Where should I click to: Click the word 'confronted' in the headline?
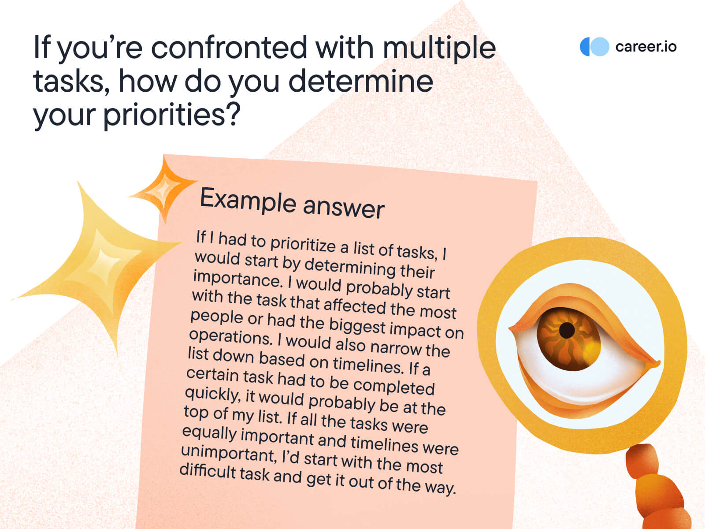(x=229, y=48)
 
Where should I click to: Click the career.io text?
(x=646, y=47)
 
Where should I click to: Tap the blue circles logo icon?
(x=594, y=47)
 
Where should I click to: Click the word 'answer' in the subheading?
(x=343, y=208)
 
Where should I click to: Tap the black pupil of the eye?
(x=567, y=330)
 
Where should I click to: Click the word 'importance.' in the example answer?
(x=238, y=279)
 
